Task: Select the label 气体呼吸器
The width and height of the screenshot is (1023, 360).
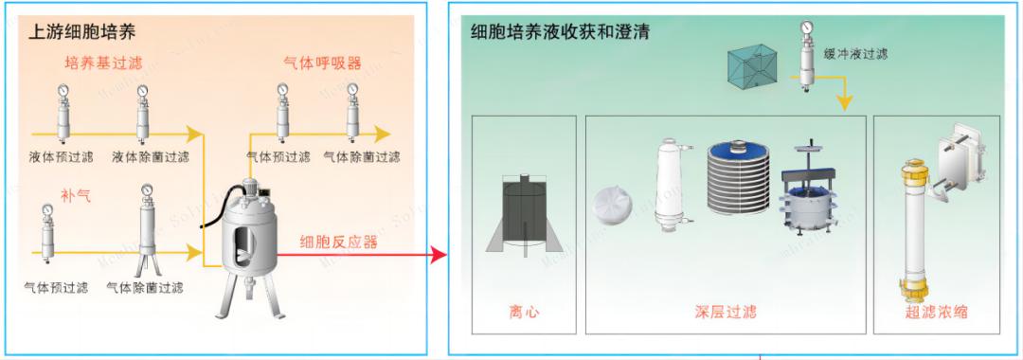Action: tap(323, 63)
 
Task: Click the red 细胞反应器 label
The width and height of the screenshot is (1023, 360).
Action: tap(338, 242)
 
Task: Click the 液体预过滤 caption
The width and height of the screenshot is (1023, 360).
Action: tap(61, 156)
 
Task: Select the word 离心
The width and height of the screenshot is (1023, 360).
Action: tap(524, 311)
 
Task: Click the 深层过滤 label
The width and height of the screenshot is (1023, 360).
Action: tap(726, 311)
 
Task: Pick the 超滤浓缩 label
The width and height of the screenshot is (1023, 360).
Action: tap(937, 311)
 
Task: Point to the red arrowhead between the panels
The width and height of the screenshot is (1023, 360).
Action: tap(438, 254)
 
